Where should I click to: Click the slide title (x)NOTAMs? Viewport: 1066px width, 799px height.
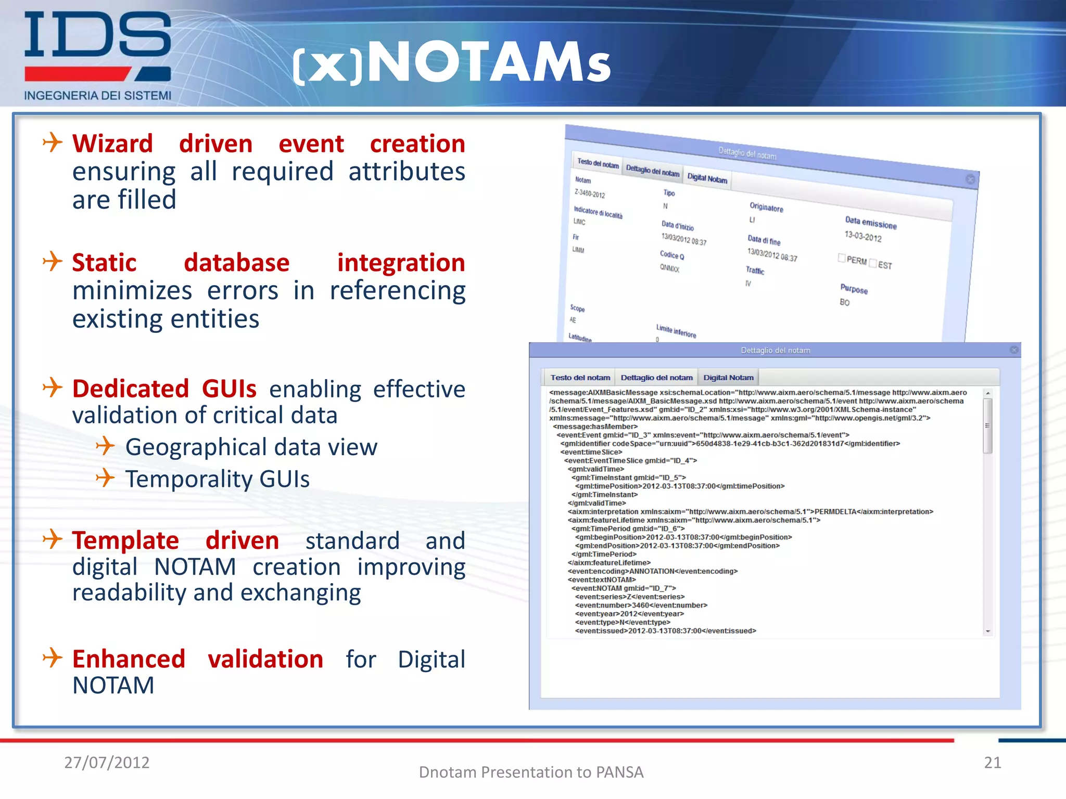pos(452,62)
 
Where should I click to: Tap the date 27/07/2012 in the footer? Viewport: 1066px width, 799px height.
pos(107,763)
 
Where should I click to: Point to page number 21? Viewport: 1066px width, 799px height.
pos(992,763)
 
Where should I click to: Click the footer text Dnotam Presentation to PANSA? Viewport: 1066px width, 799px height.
pos(531,772)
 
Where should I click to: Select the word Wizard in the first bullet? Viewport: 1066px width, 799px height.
pos(112,144)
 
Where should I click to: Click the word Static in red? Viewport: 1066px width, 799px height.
pos(104,263)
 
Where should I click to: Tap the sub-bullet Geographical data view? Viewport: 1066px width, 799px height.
pos(251,447)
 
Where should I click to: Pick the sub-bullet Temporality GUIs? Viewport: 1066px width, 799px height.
pos(217,479)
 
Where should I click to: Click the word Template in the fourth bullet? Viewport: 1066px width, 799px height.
pos(125,540)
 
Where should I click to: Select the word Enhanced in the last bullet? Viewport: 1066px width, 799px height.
pos(129,659)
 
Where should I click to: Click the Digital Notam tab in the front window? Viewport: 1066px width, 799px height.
pos(728,378)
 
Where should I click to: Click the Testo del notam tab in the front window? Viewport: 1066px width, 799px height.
pos(580,378)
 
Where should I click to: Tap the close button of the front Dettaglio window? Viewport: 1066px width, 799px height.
pos(1014,350)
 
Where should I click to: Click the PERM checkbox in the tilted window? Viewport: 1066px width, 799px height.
pos(842,258)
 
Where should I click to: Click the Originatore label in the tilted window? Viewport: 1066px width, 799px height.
pos(766,207)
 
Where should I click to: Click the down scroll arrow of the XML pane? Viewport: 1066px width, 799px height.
pos(987,632)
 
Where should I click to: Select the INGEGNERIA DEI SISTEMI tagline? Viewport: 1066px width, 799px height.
pos(97,96)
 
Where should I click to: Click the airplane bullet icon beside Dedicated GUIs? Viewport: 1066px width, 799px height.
pos(53,388)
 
